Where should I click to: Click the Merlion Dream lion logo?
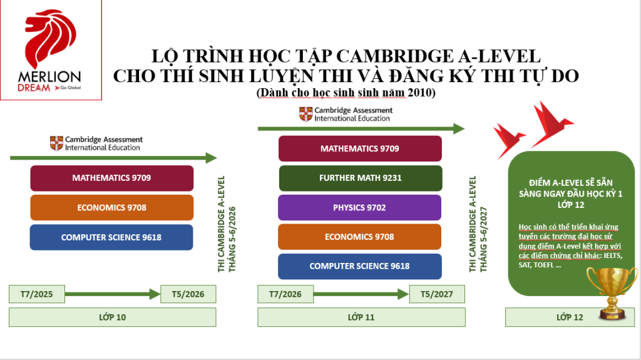tap(51, 38)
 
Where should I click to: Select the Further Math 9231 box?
tap(361, 178)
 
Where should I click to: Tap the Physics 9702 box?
tap(360, 207)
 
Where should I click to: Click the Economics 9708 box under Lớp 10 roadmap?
tap(111, 207)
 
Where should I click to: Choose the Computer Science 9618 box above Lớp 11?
tap(360, 266)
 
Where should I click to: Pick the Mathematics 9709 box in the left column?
tap(111, 178)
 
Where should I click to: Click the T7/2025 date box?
tap(37, 294)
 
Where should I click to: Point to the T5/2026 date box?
tap(188, 294)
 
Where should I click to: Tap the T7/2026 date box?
tap(285, 294)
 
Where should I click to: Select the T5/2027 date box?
tap(437, 294)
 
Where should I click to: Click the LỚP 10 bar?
tap(113, 317)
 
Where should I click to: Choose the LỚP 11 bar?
tap(361, 317)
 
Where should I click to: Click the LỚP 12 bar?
tap(570, 317)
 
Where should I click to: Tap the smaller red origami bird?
tap(508, 140)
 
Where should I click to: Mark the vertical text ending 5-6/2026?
tap(227, 224)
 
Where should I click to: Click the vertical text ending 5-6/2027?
tap(478, 224)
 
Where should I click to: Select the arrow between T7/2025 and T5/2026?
tap(113, 294)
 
